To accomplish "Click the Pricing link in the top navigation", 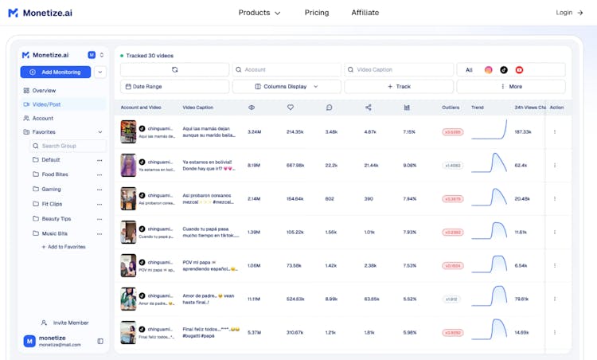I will pos(316,13).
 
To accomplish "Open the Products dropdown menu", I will pos(259,13).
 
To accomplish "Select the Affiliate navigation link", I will pos(365,13).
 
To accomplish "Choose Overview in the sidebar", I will pos(44,91).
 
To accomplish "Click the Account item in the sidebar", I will pos(42,118).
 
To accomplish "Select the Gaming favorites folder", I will pos(51,189).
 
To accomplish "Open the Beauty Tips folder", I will pos(56,218).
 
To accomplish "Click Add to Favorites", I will pos(63,247).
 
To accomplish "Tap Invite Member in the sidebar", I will pos(70,323).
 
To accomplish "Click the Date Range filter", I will pos(174,86).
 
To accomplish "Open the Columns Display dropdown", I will pos(287,86).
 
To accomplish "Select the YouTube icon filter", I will pos(519,70).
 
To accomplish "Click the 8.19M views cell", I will pos(254,166).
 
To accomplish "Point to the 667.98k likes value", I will pos(295,166).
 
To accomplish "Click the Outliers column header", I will pos(451,108).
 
